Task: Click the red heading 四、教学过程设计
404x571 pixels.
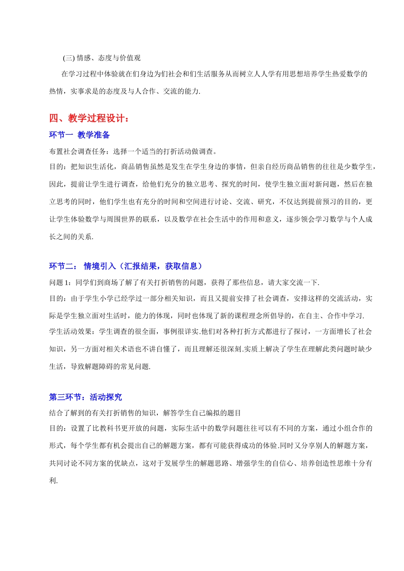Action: click(88, 118)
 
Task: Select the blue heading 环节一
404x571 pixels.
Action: click(61, 135)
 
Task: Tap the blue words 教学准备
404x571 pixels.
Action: click(94, 135)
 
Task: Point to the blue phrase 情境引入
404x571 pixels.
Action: click(100, 266)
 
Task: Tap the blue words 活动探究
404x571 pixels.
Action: click(106, 397)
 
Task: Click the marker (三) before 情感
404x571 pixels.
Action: click(68, 58)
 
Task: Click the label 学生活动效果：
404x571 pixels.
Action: click(74, 332)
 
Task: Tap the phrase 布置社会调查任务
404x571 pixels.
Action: click(78, 152)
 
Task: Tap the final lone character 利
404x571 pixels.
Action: click(53, 481)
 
